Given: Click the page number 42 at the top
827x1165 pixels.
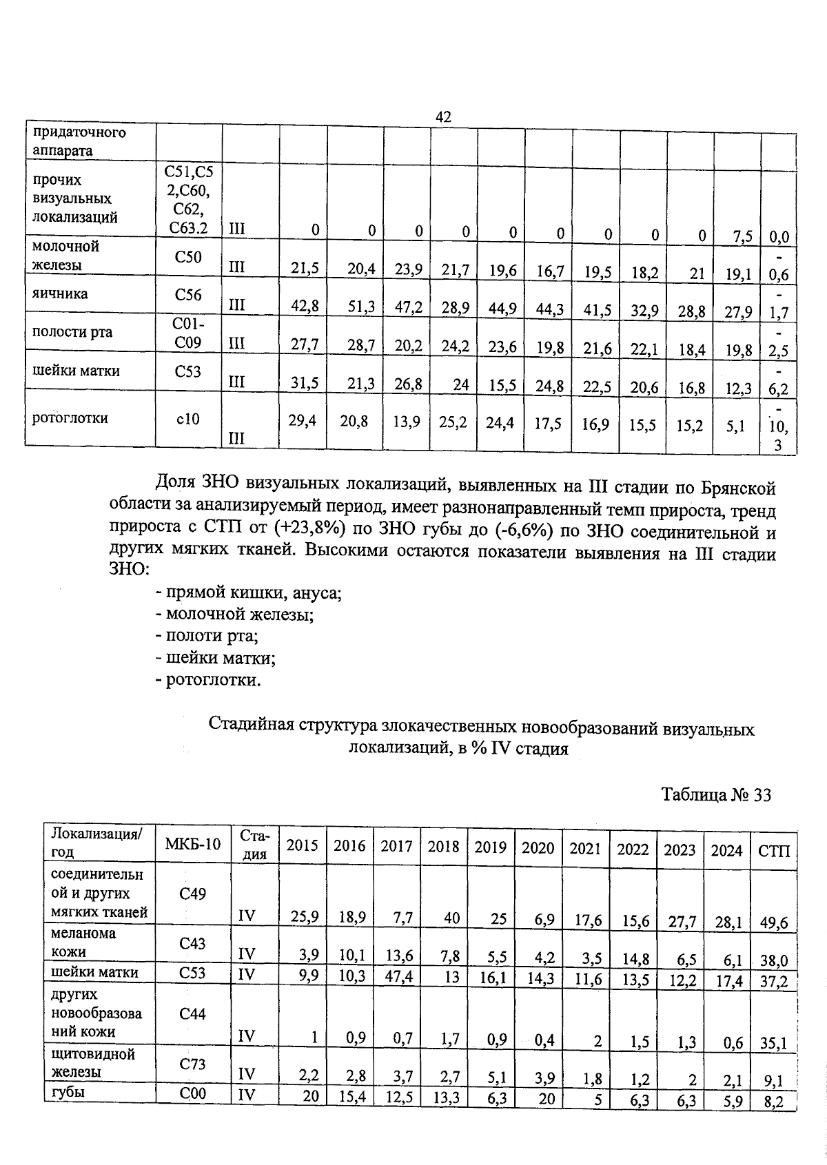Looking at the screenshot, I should coord(443,117).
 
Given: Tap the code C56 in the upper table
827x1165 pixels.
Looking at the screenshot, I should coord(188,295).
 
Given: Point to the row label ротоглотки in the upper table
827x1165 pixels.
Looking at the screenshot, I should coord(71,417).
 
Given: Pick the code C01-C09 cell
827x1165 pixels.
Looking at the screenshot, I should coord(188,332).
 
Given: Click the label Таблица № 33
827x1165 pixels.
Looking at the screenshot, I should coord(716,795).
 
